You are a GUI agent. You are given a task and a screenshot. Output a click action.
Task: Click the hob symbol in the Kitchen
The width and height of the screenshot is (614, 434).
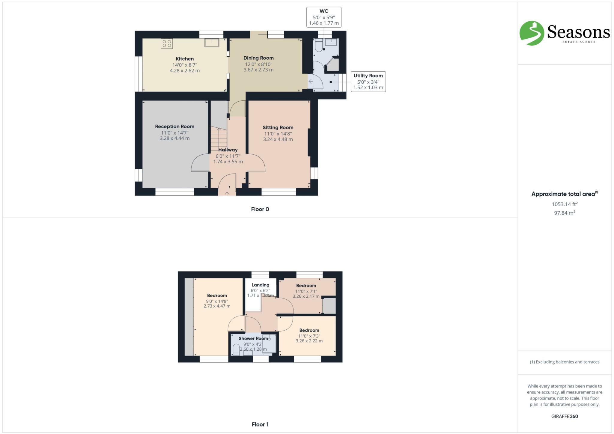click(x=167, y=44)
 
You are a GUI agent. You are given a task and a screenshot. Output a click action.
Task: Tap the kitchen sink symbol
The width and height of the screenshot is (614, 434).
click(x=212, y=43)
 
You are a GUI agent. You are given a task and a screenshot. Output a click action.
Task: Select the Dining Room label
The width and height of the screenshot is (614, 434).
click(x=258, y=58)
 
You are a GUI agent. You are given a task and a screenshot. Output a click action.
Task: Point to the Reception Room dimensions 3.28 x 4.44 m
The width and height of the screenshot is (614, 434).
click(x=174, y=138)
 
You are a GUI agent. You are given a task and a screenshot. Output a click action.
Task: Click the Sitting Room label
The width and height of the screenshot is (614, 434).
click(x=278, y=127)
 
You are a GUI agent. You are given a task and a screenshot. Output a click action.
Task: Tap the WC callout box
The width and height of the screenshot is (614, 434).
click(x=324, y=17)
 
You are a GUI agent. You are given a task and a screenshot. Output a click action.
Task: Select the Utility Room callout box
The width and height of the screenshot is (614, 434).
click(x=368, y=82)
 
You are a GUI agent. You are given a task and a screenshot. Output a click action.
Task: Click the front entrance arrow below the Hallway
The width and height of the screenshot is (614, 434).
click(x=227, y=194)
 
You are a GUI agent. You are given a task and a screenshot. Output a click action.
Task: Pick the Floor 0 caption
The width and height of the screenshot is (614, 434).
click(x=260, y=209)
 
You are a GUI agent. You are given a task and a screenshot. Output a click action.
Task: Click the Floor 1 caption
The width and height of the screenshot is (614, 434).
click(x=260, y=424)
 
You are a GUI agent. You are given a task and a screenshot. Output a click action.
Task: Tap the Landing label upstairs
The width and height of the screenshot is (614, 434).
click(x=260, y=285)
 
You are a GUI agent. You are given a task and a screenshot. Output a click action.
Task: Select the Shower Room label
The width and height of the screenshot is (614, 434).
click(x=253, y=338)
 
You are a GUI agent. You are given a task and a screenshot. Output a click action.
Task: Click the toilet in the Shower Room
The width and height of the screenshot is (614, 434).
click(x=236, y=349)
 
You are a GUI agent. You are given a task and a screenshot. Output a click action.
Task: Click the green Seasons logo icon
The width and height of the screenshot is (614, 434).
click(x=532, y=33)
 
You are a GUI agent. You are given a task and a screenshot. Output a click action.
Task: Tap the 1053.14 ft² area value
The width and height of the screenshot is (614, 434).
click(x=565, y=204)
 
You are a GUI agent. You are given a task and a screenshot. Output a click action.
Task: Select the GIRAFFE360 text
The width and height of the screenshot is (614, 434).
click(x=565, y=416)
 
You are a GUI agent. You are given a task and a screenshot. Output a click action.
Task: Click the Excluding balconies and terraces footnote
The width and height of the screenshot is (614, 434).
click(x=565, y=362)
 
